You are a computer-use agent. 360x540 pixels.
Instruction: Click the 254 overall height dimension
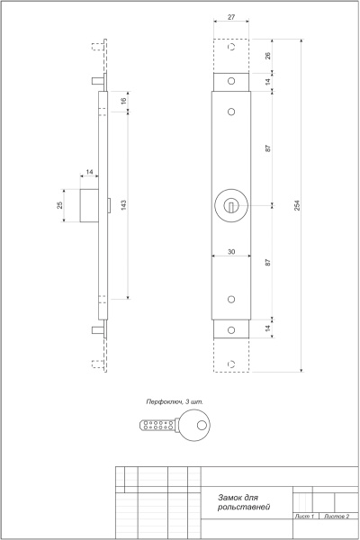coord(296,205)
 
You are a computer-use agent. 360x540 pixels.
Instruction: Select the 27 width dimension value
coord(231,17)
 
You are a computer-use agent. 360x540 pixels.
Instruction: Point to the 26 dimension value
coord(267,56)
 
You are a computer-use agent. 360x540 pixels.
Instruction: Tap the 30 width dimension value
coord(231,252)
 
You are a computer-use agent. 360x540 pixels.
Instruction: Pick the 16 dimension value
coord(123,100)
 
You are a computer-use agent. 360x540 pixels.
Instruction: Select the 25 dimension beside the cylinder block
coord(60,205)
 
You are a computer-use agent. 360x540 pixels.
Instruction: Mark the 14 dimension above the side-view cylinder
coord(90,171)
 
